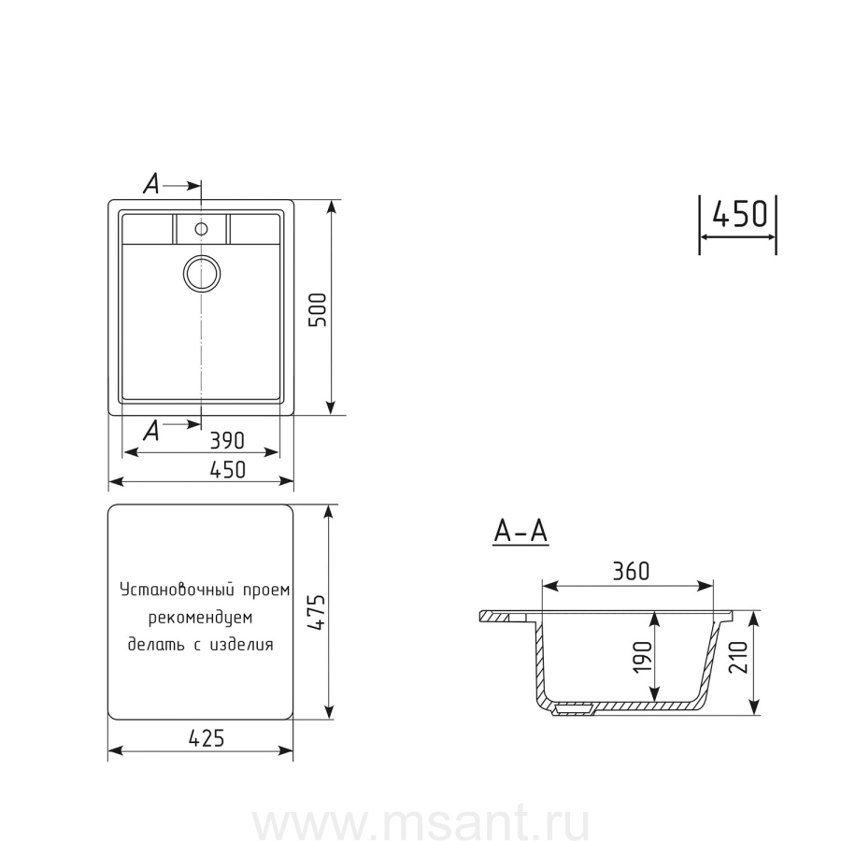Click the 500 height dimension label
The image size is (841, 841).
click(318, 310)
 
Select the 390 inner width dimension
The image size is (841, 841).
click(226, 441)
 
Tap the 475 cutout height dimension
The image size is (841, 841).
click(317, 612)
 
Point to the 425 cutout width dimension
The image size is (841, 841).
click(207, 738)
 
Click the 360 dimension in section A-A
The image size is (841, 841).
click(631, 571)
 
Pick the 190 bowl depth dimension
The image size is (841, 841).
click(643, 657)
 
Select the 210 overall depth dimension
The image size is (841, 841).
click(738, 657)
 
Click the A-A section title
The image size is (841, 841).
click(520, 532)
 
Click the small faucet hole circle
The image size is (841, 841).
click(201, 229)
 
